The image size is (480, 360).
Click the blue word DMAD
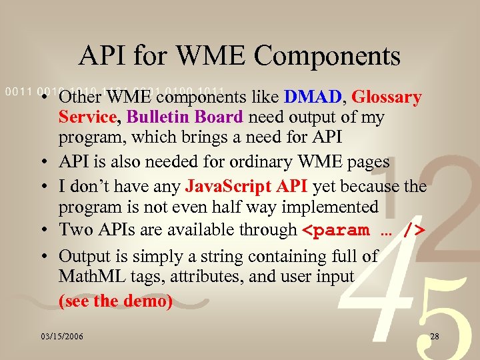(312, 97)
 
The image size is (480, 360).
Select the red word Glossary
(387, 97)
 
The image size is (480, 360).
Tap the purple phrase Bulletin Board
(185, 117)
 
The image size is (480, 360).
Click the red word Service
(87, 117)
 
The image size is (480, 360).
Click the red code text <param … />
(364, 231)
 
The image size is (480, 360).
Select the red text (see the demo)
(115, 301)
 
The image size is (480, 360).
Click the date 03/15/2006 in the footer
(61, 337)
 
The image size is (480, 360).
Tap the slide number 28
(435, 337)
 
